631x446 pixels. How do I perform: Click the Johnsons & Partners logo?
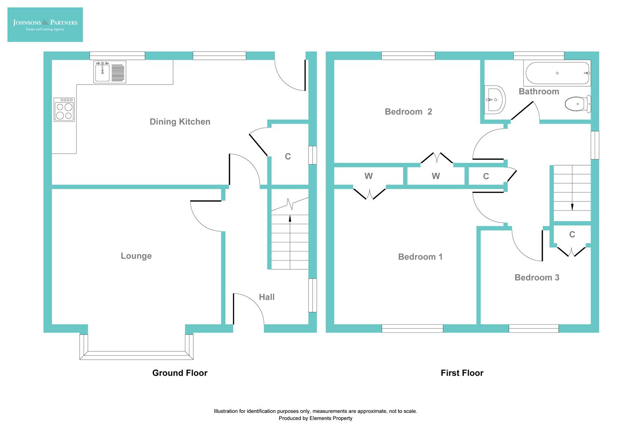tap(45, 24)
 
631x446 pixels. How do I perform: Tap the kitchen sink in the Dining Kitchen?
tap(109, 72)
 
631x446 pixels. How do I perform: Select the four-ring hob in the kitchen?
tap(64, 110)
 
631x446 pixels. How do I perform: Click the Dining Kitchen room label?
tap(180, 122)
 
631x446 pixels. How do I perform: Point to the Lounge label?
tap(136, 256)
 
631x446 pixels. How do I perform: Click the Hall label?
tap(266, 297)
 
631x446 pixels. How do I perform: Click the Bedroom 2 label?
tap(408, 112)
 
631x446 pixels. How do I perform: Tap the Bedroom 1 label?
tap(420, 257)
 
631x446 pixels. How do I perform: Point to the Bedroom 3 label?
tap(536, 278)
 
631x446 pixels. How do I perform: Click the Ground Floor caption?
tap(180, 373)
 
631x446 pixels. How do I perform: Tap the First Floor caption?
tap(462, 373)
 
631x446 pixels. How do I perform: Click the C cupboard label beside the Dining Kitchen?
tap(288, 157)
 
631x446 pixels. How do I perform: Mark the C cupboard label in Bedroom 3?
tap(572, 235)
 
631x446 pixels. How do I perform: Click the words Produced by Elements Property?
tap(315, 418)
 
